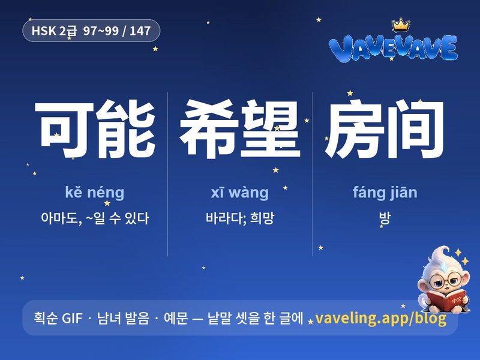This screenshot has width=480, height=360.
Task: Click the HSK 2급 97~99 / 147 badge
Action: (91, 31)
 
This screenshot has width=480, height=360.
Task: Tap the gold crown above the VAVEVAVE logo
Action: (401, 25)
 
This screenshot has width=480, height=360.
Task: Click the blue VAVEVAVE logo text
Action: (394, 48)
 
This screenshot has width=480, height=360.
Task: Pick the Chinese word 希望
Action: (239, 129)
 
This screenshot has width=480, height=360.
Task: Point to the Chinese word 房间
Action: (385, 129)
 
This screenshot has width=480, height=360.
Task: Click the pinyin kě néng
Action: (95, 193)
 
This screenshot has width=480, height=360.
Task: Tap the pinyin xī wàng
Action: (239, 193)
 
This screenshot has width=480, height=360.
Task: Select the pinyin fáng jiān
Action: (385, 193)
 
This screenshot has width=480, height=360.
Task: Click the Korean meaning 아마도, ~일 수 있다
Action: (95, 218)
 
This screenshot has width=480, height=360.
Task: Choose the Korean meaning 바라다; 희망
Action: (240, 218)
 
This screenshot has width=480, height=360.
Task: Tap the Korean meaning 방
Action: (385, 218)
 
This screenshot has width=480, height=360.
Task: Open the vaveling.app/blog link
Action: (380, 319)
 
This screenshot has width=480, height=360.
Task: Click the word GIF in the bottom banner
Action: (72, 318)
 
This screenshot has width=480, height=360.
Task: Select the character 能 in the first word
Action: (125, 129)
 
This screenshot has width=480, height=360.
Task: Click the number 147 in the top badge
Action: (140, 31)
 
